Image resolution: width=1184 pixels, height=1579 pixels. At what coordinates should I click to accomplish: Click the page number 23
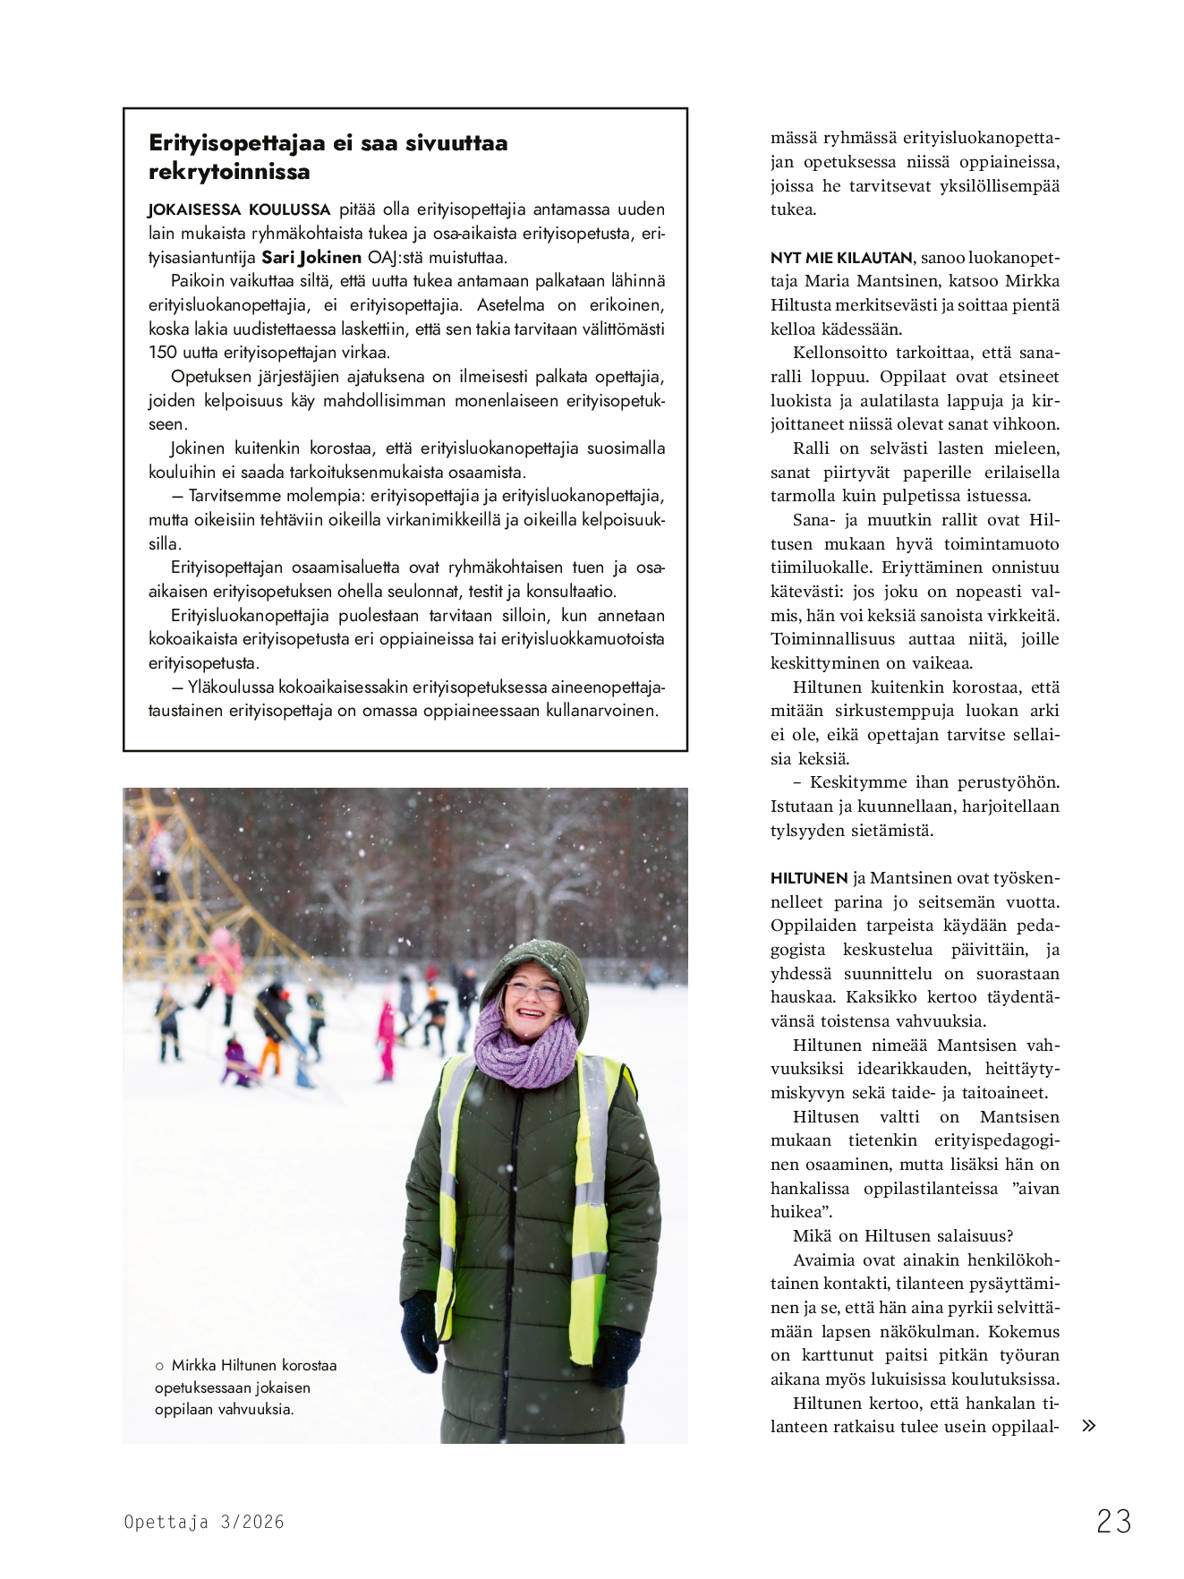click(1113, 1521)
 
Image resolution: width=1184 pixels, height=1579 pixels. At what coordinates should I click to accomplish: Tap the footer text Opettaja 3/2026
click(203, 1522)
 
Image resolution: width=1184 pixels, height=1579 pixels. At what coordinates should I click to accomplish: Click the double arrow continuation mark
click(1088, 1426)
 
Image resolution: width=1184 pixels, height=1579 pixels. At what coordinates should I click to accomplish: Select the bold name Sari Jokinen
click(311, 258)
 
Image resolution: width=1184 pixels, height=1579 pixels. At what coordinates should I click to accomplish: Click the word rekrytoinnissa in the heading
click(229, 172)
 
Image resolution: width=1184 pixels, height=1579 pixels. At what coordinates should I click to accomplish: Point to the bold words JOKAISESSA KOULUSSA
click(239, 209)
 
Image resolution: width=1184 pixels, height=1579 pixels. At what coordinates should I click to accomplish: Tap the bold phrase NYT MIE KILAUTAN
click(841, 258)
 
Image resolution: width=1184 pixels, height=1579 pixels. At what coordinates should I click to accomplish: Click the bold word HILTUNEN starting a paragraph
click(809, 878)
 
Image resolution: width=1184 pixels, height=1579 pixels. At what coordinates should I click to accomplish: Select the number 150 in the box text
click(163, 353)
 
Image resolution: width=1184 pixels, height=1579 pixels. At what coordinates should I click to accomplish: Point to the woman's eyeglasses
click(532, 991)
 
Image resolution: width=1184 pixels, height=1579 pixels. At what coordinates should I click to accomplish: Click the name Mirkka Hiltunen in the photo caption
click(224, 1365)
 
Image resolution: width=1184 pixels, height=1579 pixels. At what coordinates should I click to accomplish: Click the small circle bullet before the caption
click(159, 1366)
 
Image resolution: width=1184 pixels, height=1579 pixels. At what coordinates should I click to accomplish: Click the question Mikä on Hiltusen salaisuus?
click(902, 1236)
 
